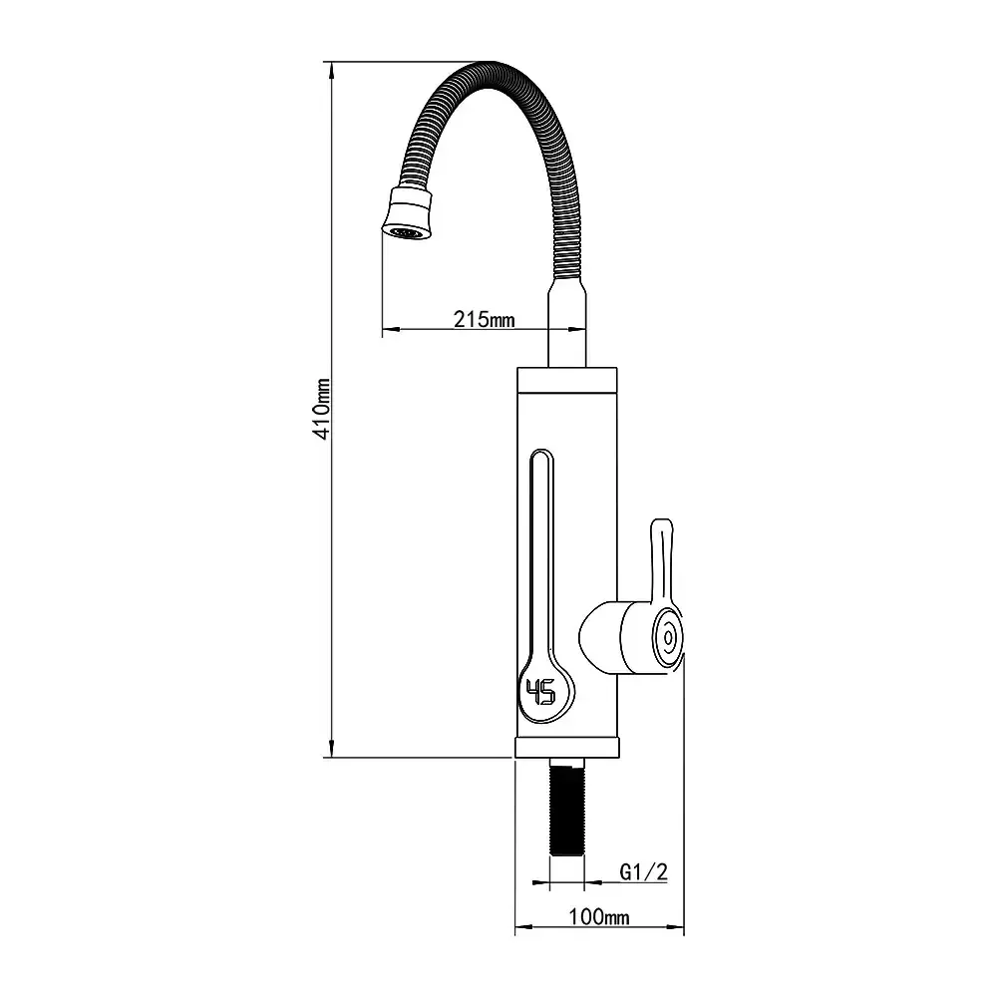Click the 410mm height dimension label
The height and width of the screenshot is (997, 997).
pos(323,409)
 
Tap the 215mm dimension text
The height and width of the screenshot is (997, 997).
pos(484,318)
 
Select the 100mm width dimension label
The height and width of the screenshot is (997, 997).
pos(599,917)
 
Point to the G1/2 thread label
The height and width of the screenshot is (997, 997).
pos(643,871)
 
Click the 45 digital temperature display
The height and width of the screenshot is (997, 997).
pos(540,691)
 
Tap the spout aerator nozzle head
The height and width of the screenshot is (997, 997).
pos(408,213)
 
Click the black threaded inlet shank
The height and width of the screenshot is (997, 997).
pos(566,810)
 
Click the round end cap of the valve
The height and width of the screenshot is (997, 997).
pos(667,636)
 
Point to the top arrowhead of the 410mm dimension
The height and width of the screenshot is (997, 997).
pos(331,71)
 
